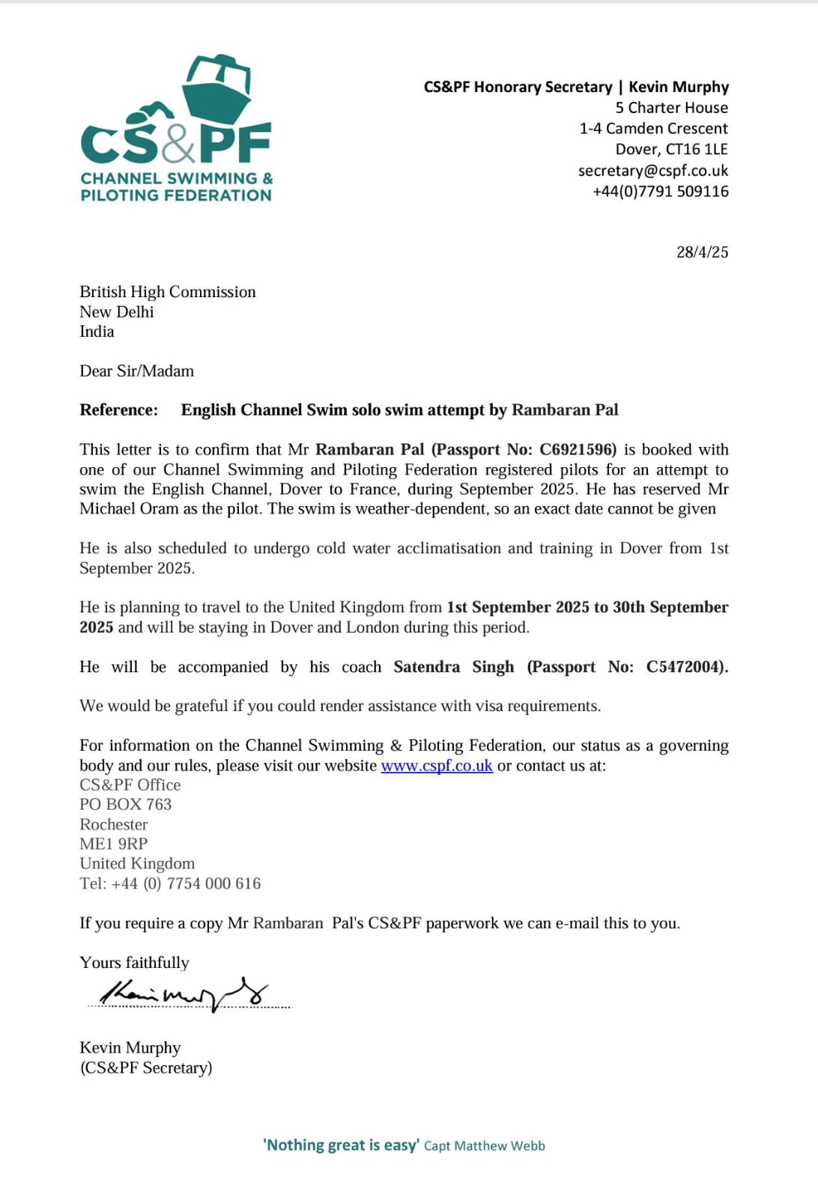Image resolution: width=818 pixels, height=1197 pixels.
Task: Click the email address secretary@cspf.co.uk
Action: [x=652, y=171]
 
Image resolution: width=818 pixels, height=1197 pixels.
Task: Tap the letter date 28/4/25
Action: [x=702, y=252]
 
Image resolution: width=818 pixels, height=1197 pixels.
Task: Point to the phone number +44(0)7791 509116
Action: [x=660, y=192]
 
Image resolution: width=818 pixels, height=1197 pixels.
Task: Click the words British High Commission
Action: [x=168, y=292]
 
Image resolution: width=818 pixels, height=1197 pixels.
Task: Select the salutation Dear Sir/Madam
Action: [x=136, y=371]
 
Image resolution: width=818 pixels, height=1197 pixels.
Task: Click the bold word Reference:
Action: [x=119, y=410]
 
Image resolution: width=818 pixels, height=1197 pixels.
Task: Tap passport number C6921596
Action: [x=577, y=450]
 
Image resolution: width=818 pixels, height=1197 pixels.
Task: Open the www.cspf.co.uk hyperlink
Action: [x=437, y=766]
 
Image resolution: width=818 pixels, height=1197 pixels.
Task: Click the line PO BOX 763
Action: [x=126, y=805]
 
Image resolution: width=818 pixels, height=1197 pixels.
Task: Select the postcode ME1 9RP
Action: [x=114, y=844]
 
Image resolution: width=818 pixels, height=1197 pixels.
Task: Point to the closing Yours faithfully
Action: [x=135, y=963]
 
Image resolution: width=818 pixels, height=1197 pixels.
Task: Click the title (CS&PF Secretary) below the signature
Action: [x=146, y=1068]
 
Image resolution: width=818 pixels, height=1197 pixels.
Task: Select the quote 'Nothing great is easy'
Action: [x=341, y=1145]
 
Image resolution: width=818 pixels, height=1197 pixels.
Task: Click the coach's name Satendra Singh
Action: [x=454, y=667]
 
